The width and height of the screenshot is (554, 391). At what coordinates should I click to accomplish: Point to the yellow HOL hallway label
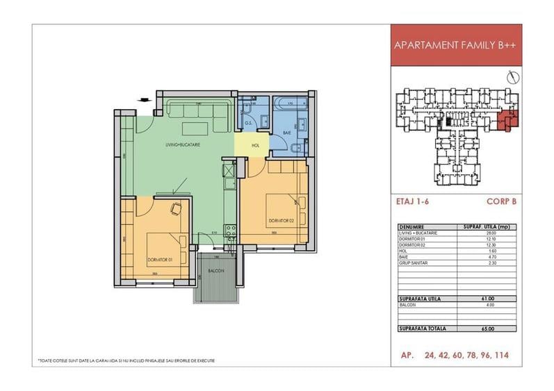(255, 146)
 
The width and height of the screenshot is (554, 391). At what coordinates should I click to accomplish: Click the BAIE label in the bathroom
(286, 132)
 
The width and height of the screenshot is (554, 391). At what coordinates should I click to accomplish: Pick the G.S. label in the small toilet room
(249, 124)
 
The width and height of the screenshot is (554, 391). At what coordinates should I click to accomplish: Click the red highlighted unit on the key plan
(509, 120)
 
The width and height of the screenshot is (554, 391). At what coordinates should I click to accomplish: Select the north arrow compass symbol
(512, 76)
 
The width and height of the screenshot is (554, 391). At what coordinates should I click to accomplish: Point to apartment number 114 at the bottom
(499, 355)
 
